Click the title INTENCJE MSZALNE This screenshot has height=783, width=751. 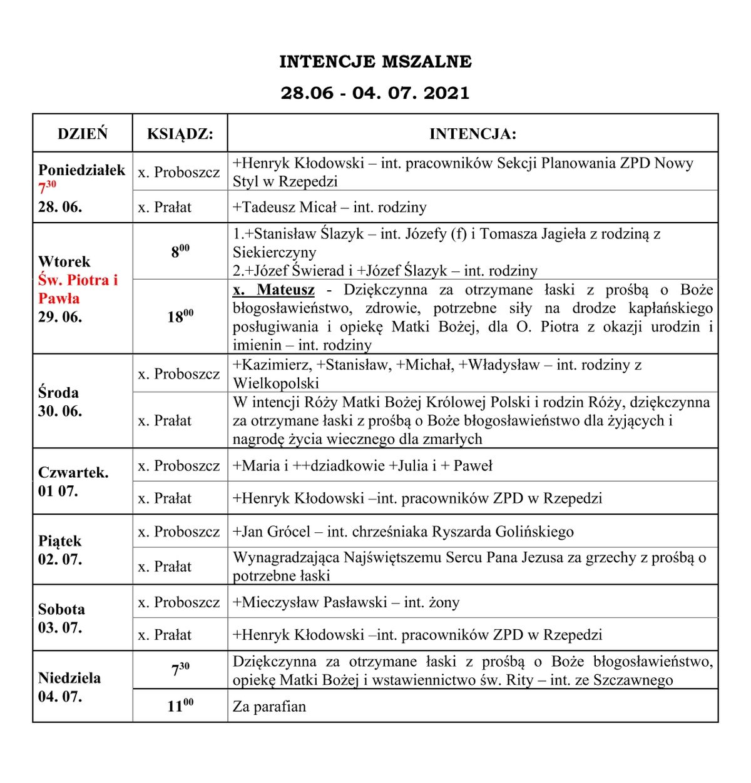(x=375, y=62)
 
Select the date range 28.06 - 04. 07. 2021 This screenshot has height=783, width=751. (x=375, y=93)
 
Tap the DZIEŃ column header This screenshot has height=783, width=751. (x=83, y=134)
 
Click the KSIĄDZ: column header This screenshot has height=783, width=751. (x=180, y=134)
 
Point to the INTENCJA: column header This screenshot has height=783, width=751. (x=473, y=134)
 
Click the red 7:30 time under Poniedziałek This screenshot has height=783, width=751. (x=48, y=187)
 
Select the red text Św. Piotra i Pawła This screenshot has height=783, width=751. (x=78, y=289)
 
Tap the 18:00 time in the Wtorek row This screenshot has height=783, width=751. (x=180, y=316)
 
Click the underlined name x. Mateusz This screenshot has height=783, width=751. (x=273, y=290)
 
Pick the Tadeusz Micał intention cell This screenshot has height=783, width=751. (x=330, y=207)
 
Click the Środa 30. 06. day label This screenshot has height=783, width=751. (x=59, y=402)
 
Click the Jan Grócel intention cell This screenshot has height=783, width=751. (x=403, y=532)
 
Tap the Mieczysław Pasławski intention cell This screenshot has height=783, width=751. (x=346, y=602)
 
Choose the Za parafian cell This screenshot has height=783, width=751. (x=270, y=707)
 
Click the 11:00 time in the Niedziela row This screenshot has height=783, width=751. (x=180, y=706)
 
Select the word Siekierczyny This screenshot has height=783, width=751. (x=275, y=253)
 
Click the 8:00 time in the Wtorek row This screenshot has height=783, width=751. (x=180, y=251)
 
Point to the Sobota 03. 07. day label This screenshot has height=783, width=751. (x=61, y=618)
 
